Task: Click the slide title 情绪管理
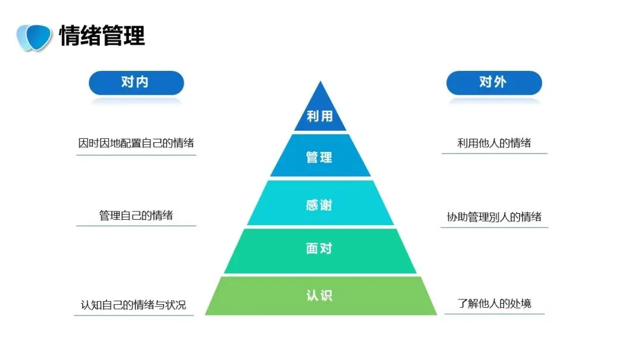(102, 36)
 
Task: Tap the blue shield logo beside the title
(34, 37)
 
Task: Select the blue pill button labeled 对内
(136, 82)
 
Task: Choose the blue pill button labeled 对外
(493, 82)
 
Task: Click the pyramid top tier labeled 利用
(320, 116)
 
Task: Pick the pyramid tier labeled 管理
(320, 157)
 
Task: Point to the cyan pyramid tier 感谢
(320, 205)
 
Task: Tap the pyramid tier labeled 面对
(320, 249)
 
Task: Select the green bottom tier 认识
(320, 295)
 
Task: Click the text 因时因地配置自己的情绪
(136, 143)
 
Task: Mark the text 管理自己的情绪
(136, 215)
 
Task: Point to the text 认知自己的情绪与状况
(134, 305)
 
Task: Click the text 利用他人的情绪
(494, 143)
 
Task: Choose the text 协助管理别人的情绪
(494, 217)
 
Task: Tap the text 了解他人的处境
(495, 304)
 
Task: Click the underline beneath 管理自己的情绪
(136, 226)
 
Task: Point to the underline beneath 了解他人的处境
(495, 314)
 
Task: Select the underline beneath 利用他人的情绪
(494, 154)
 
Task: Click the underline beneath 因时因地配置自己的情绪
(136, 155)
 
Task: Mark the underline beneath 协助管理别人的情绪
(494, 227)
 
